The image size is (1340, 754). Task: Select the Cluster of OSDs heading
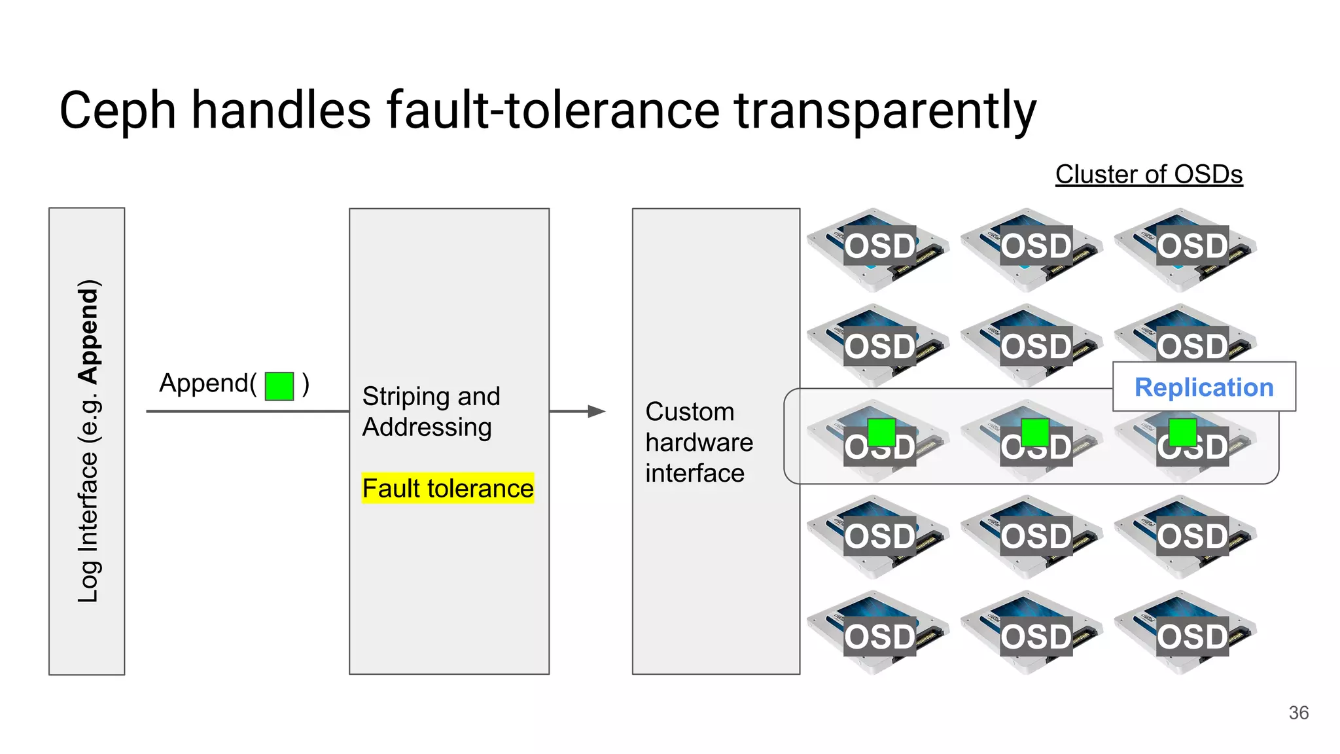pyautogui.click(x=1148, y=174)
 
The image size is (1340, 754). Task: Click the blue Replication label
pyautogui.click(x=1204, y=387)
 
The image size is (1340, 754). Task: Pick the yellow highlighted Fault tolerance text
pyautogui.click(x=448, y=488)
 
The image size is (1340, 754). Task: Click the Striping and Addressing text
pyautogui.click(x=431, y=412)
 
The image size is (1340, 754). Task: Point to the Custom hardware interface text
pyautogui.click(x=698, y=442)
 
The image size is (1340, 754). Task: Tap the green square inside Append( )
pyautogui.click(x=279, y=386)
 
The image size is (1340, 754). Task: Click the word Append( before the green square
pyautogui.click(x=207, y=383)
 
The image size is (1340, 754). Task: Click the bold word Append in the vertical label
pyautogui.click(x=88, y=332)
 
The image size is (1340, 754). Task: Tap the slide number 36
pyautogui.click(x=1298, y=713)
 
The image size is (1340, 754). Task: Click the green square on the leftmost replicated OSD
pyautogui.click(x=881, y=432)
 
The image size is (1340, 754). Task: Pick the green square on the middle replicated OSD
pyautogui.click(x=1034, y=432)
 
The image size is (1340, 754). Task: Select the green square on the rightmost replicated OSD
pyautogui.click(x=1182, y=432)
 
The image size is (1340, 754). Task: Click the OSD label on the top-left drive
pyautogui.click(x=879, y=246)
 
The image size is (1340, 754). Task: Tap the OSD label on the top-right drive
pyautogui.click(x=1192, y=246)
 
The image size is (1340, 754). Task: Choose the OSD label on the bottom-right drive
pyautogui.click(x=1192, y=636)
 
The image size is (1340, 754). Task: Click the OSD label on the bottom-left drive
pyautogui.click(x=879, y=636)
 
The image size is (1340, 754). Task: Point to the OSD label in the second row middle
pyautogui.click(x=1036, y=346)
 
